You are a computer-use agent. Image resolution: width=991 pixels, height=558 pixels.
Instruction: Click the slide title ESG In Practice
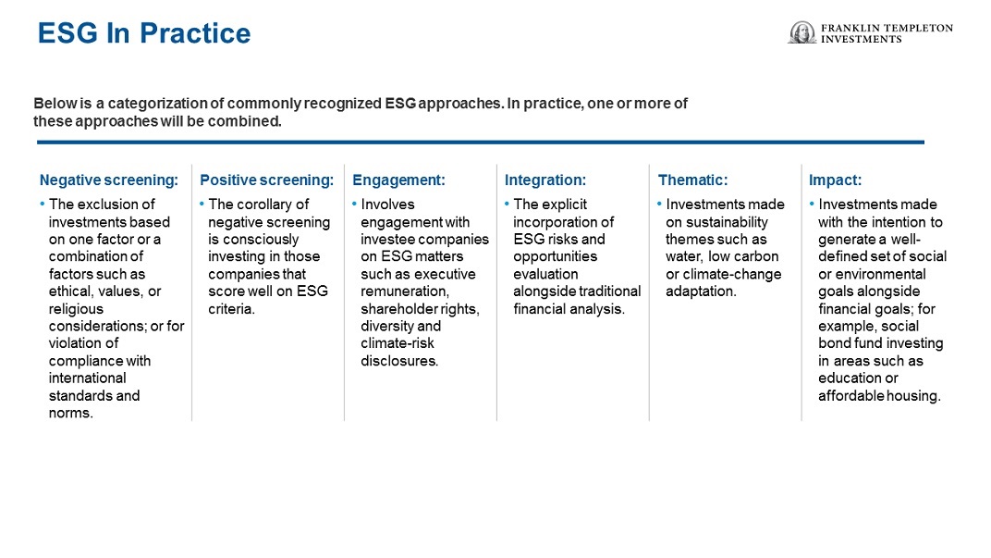(x=144, y=33)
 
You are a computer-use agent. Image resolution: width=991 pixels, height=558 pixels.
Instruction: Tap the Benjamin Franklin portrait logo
(x=802, y=32)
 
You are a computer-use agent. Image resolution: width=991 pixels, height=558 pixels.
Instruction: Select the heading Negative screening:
(x=109, y=180)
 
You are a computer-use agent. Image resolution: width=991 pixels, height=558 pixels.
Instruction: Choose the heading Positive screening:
(x=267, y=180)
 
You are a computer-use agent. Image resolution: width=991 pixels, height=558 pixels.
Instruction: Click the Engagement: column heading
(x=398, y=180)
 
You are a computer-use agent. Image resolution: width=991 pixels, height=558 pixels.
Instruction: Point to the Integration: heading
(x=545, y=180)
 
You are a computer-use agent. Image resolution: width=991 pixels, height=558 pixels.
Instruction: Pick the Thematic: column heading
(x=692, y=180)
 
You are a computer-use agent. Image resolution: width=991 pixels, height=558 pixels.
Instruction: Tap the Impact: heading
(x=835, y=180)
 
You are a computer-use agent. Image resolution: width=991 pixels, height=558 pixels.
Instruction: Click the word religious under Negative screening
(x=76, y=309)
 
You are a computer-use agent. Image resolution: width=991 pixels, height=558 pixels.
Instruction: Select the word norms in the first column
(x=69, y=413)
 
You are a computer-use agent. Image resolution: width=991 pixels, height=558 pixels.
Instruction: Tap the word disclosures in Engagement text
(x=398, y=361)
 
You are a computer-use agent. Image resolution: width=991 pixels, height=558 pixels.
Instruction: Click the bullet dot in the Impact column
(x=813, y=204)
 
